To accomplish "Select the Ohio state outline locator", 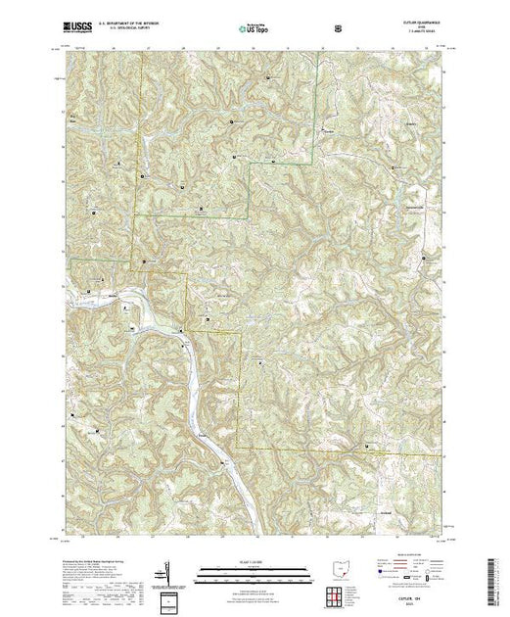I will [x=339, y=570].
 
